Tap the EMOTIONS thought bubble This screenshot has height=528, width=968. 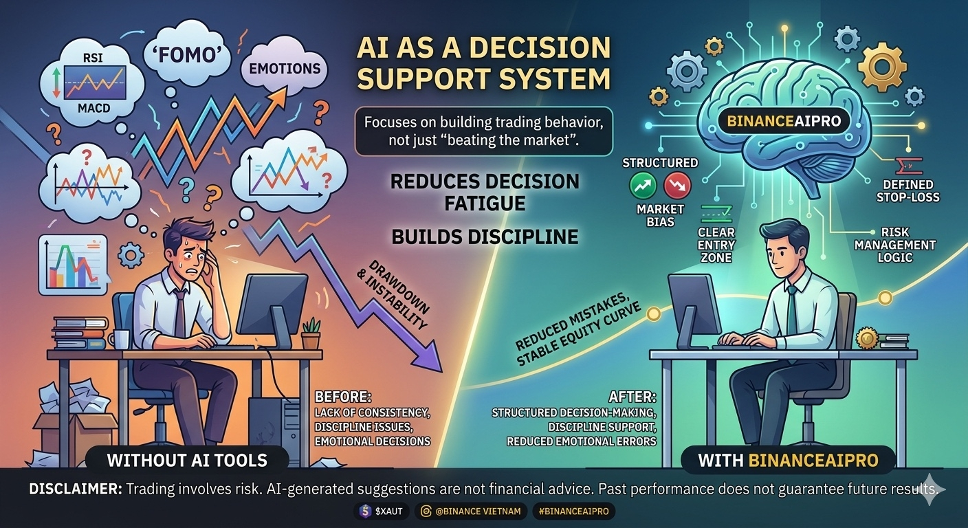click(x=285, y=69)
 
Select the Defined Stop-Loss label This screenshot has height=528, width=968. click(x=907, y=190)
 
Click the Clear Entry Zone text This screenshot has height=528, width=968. click(x=716, y=245)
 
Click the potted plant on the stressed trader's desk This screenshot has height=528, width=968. click(x=311, y=333)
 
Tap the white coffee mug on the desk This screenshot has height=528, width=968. click(x=120, y=339)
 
